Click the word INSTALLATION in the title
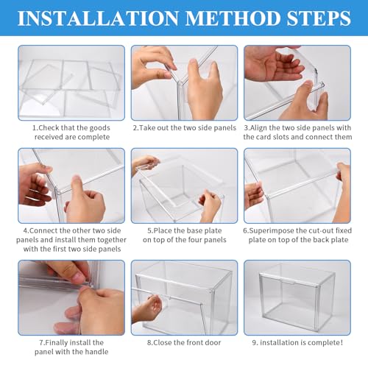(99, 18)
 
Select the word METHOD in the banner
(233, 18)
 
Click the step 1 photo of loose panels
(71, 82)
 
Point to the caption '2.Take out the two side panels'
(185, 128)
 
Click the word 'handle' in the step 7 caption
(96, 352)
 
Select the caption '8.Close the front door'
(184, 342)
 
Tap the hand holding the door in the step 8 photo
(147, 308)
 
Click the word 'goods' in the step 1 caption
(99, 128)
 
